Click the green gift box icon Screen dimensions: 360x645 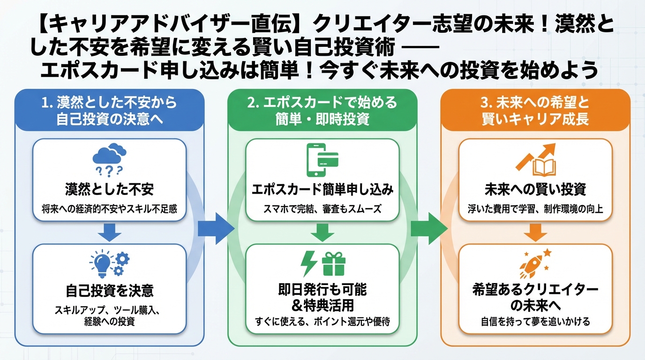pyautogui.click(x=333, y=264)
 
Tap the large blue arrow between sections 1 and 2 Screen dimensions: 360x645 pyautogui.click(x=216, y=228)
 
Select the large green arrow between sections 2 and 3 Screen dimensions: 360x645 pyautogui.click(x=429, y=228)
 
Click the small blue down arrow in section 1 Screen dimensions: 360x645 pyautogui.click(x=109, y=232)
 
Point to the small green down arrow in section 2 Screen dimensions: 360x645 pyautogui.click(x=322, y=232)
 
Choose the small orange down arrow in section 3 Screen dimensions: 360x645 pyautogui.click(x=535, y=232)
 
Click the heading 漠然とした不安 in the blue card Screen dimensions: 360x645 pyautogui.click(x=109, y=189)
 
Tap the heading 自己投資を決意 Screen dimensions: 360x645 pyautogui.click(x=109, y=291)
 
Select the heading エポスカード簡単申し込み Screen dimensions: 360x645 pyautogui.click(x=322, y=189)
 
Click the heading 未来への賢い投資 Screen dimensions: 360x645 pyautogui.click(x=535, y=189)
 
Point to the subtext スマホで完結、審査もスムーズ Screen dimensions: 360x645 pyautogui.click(x=322, y=209)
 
